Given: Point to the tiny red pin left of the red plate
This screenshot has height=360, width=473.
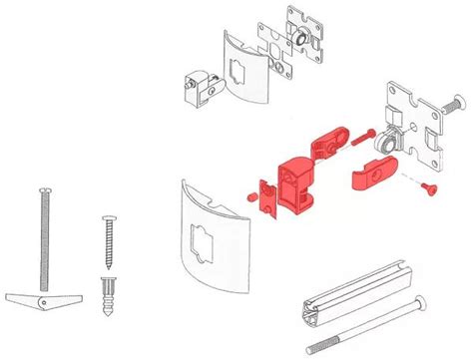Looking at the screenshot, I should point(248,195).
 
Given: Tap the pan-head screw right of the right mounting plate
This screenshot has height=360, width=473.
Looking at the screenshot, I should point(453,101).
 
